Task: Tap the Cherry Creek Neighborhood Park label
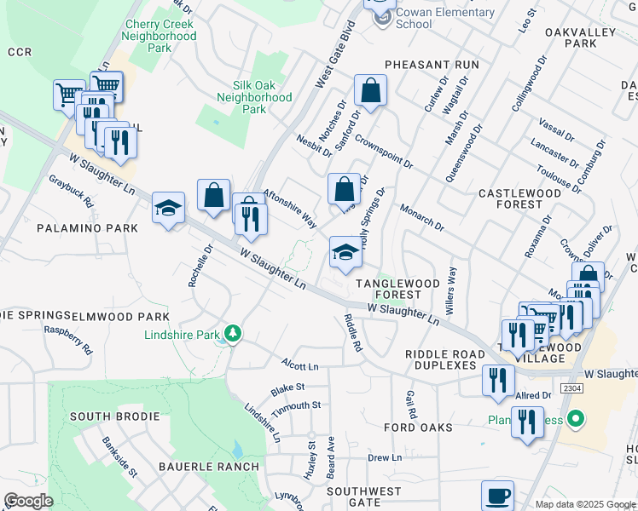pyautogui.click(x=159, y=37)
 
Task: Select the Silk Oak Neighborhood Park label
pyautogui.click(x=262, y=97)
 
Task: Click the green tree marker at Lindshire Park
pyautogui.click(x=231, y=333)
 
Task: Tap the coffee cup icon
pyautogui.click(x=497, y=496)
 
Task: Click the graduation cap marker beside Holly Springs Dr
pyautogui.click(x=345, y=252)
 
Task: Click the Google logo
pyautogui.click(x=29, y=501)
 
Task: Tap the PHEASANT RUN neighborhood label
pyautogui.click(x=432, y=65)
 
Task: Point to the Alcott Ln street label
pyautogui.click(x=299, y=365)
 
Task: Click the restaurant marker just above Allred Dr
pyautogui.click(x=496, y=380)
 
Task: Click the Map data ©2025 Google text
pyautogui.click(x=585, y=504)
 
